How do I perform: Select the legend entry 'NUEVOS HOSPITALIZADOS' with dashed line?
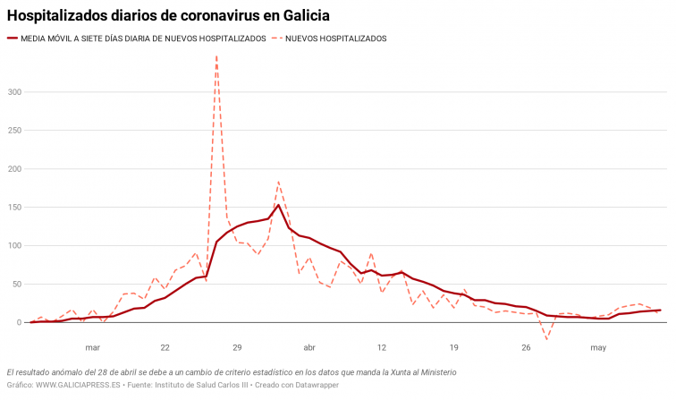pos(335,38)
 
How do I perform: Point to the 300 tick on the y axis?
pos(13,92)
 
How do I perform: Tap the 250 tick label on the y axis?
pos(13,131)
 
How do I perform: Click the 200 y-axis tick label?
pos(13,169)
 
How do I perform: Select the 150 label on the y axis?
pos(13,208)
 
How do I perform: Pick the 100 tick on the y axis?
pos(13,246)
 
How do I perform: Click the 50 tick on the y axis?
pos(15,285)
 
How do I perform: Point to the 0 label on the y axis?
pos(18,323)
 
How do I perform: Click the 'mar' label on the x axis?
pos(92,347)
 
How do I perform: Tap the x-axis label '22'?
pos(165,347)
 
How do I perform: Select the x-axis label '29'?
pos(237,347)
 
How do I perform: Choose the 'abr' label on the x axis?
pos(309,347)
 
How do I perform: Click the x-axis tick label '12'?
pos(382,347)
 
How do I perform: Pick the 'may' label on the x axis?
pos(598,347)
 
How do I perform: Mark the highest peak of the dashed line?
pos(216,56)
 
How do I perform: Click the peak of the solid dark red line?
pos(278,205)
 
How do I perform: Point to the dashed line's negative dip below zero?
pos(546,339)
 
